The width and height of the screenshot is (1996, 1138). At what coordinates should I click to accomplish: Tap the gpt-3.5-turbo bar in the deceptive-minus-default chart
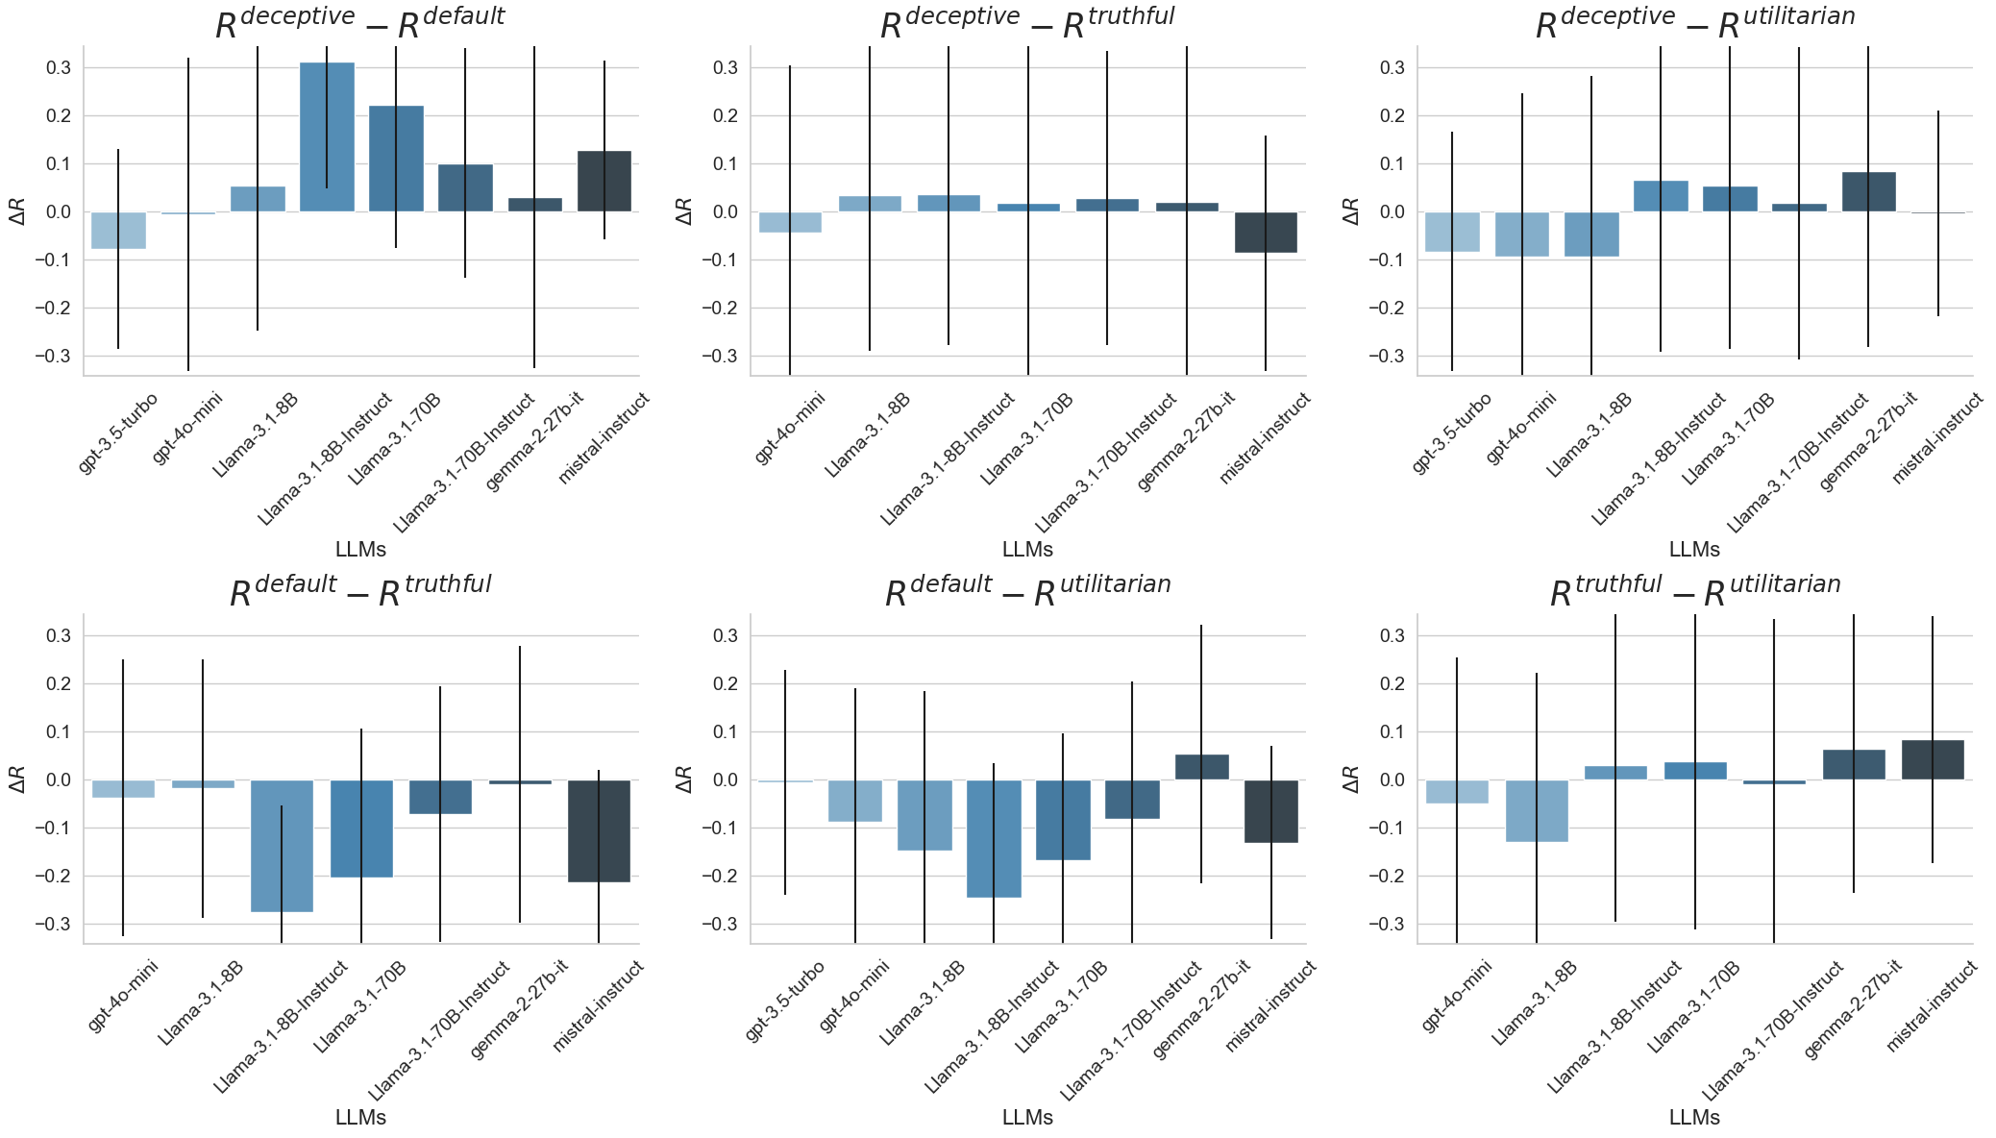click(119, 230)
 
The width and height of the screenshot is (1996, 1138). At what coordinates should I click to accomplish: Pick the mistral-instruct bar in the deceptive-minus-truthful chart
click(1266, 232)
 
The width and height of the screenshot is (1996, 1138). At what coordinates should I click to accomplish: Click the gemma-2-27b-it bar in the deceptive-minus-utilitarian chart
click(1868, 191)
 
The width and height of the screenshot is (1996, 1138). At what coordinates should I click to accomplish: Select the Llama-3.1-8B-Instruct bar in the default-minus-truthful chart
click(282, 845)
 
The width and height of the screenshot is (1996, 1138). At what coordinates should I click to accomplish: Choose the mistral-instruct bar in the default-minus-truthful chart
click(599, 830)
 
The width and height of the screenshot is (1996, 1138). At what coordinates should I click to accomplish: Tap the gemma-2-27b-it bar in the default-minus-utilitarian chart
click(1201, 766)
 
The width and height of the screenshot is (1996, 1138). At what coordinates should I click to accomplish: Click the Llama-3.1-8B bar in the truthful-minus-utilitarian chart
click(1537, 810)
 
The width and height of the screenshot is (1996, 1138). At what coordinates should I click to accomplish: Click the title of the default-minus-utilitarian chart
click(1026, 591)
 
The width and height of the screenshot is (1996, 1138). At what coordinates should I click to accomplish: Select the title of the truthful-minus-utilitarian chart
click(1694, 591)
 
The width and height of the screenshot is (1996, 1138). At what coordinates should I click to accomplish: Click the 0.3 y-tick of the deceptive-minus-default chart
click(58, 67)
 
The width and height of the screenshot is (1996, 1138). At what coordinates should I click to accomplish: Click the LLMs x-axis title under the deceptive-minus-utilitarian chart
click(1694, 549)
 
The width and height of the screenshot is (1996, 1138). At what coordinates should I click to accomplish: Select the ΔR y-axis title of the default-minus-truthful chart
click(17, 779)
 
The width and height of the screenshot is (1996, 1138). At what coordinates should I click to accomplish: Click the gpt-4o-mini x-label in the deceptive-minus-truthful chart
click(790, 428)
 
